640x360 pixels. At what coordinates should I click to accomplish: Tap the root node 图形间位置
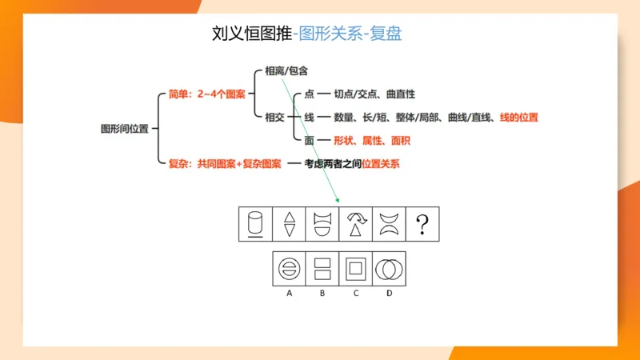click(124, 128)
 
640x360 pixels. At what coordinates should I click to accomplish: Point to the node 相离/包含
click(286, 71)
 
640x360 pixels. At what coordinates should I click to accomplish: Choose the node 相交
click(274, 117)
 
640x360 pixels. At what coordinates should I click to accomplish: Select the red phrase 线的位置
click(518, 117)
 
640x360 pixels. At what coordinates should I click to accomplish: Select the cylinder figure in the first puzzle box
click(255, 225)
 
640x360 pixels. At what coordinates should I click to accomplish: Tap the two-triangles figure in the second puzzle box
click(289, 225)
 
